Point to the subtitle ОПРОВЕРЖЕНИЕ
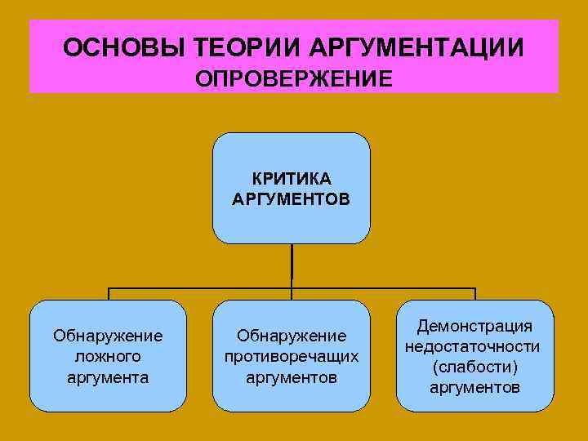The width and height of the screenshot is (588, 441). point(294,79)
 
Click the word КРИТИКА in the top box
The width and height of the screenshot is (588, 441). point(292,179)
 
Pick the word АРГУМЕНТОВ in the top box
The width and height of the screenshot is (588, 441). point(292,198)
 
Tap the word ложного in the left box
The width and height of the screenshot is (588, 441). point(108,356)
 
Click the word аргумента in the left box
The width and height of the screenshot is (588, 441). point(108,377)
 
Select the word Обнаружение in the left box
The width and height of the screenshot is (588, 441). point(108,336)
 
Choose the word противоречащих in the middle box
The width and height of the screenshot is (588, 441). point(292,357)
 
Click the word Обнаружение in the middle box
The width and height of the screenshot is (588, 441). point(292,336)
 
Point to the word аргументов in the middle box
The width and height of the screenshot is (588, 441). point(292,377)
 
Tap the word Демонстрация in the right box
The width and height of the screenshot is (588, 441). point(474,327)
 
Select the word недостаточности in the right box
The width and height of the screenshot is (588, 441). point(474,347)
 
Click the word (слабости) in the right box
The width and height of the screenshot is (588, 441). point(474,367)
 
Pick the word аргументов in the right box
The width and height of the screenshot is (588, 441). point(474,387)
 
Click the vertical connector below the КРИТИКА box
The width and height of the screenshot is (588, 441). point(292,265)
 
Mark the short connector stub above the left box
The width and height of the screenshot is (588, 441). point(109,295)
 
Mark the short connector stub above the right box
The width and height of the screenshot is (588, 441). point(474,295)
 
